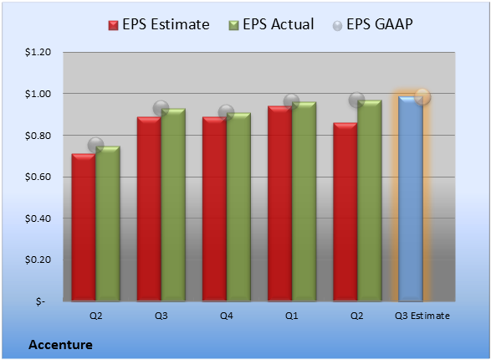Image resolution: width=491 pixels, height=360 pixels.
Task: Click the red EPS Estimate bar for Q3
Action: [x=149, y=209]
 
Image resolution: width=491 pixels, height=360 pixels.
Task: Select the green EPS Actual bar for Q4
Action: [x=238, y=207]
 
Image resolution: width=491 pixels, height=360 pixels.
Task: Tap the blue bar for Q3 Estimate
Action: [x=411, y=199]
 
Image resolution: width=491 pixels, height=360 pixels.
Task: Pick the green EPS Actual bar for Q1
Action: [x=304, y=202]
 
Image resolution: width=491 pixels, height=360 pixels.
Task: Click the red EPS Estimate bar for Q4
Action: [x=214, y=209]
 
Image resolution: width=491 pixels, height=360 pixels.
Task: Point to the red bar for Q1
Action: [x=280, y=203]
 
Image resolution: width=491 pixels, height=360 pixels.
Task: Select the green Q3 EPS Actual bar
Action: [x=173, y=205]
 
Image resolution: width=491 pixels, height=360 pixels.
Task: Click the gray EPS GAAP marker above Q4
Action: [x=226, y=112]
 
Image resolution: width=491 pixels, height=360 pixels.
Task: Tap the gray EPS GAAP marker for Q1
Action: [x=292, y=101]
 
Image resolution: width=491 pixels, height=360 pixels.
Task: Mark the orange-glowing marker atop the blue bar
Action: [x=422, y=96]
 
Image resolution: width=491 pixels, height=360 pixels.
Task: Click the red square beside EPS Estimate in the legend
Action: [x=114, y=25]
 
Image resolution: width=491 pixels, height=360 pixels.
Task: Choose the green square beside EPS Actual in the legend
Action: [x=233, y=25]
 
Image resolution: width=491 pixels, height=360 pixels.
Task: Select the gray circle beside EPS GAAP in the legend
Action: [x=337, y=26]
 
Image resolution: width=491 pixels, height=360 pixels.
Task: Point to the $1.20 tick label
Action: [x=38, y=52]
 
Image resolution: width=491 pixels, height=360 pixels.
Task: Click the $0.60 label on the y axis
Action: [x=38, y=177]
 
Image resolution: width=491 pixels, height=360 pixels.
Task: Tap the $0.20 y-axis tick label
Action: [x=38, y=260]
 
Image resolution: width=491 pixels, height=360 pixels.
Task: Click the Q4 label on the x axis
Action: [x=227, y=316]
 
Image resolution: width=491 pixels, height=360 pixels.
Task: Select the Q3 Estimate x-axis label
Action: [x=422, y=316]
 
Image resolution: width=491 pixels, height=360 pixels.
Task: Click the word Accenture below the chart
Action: [x=60, y=345]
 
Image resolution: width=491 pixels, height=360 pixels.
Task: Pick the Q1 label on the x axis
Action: [x=292, y=316]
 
